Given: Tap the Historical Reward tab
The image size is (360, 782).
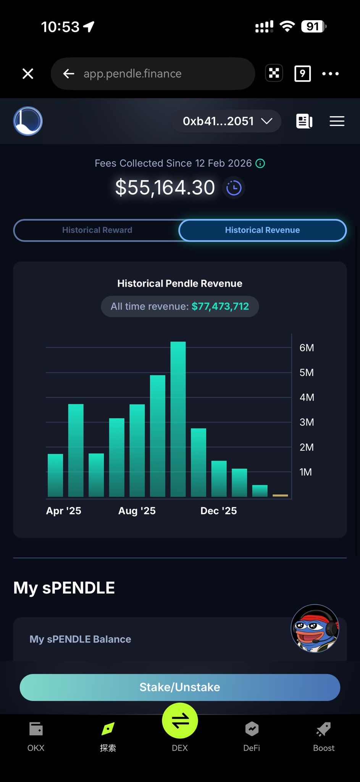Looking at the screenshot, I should [97, 230].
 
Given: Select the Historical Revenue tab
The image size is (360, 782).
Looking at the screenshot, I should [262, 230].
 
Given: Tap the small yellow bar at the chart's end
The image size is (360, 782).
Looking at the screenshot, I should [280, 495].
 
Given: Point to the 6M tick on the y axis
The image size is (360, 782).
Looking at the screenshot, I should [307, 348].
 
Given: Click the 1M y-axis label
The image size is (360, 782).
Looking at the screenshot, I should [305, 472].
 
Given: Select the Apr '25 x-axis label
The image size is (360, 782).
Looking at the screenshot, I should [63, 511].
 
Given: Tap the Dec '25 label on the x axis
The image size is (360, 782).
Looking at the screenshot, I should [218, 511].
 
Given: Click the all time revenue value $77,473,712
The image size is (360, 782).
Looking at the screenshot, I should [220, 307].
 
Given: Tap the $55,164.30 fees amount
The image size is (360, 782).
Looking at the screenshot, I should [165, 188].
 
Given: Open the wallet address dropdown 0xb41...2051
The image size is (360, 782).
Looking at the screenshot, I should [227, 121].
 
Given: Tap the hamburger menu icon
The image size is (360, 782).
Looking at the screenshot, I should [337, 121].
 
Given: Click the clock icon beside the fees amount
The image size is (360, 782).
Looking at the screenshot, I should [234, 188].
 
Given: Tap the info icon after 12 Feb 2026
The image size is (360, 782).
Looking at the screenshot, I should [260, 163].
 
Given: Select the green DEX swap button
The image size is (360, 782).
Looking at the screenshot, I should [180, 721].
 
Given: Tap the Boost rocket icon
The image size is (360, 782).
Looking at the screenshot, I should [324, 730].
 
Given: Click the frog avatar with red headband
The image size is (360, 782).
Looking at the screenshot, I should [315, 628].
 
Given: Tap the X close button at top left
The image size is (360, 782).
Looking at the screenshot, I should [28, 74].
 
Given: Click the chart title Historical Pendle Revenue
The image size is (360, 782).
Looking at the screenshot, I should [180, 283].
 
